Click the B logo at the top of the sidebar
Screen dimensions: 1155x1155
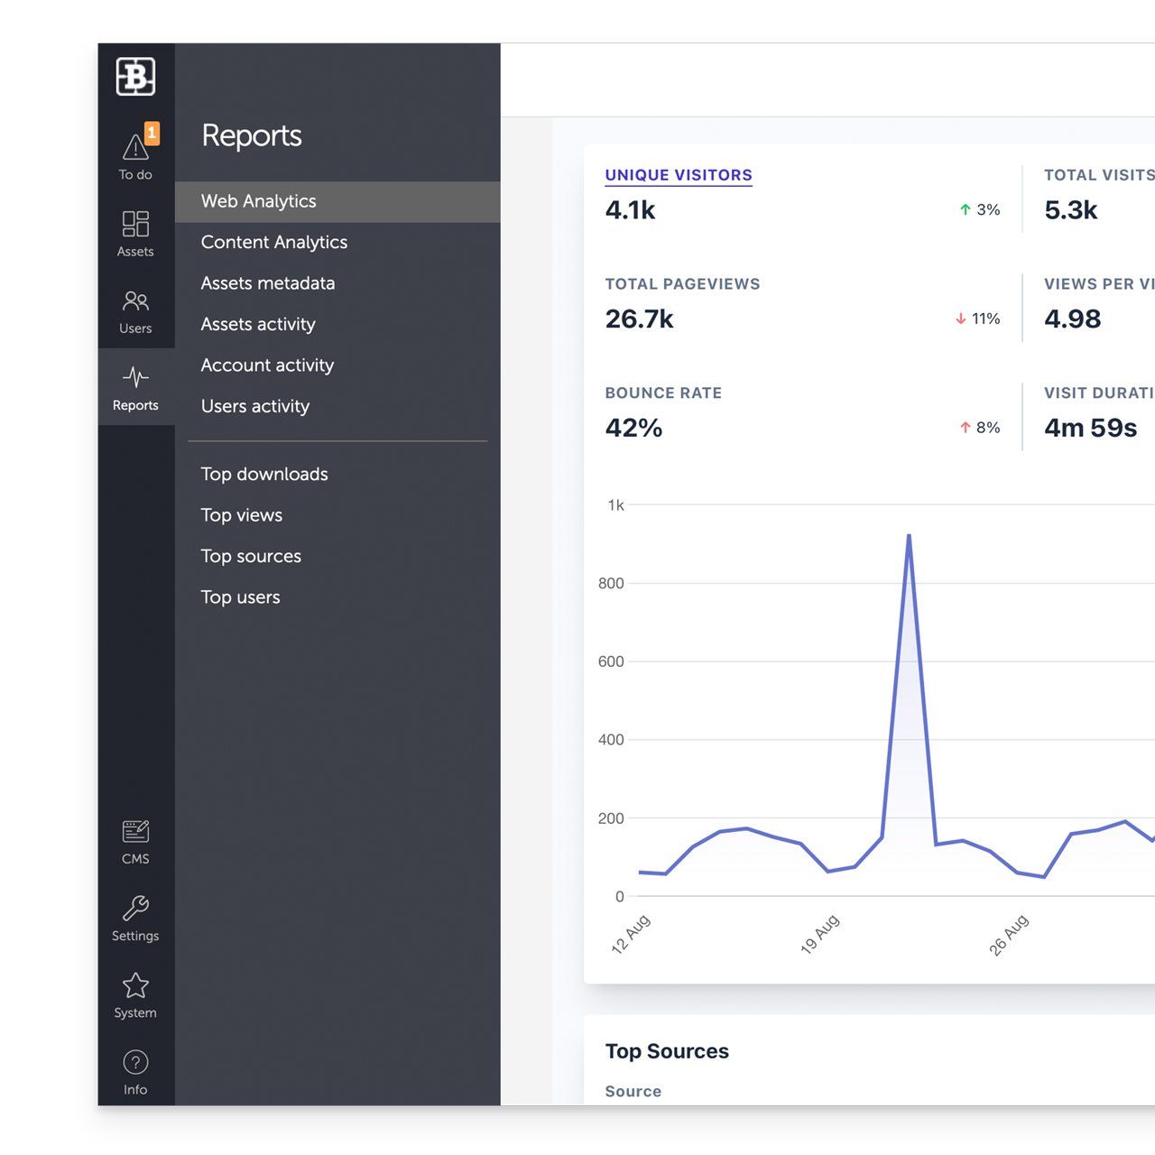(x=135, y=77)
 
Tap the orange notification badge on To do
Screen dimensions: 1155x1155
(x=152, y=133)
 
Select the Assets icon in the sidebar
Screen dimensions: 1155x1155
(x=135, y=224)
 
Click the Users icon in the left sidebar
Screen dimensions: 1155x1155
(x=135, y=300)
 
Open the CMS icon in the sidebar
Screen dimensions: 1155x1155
(x=135, y=831)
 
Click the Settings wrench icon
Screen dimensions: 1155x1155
(x=135, y=908)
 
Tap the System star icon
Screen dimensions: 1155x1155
(x=135, y=985)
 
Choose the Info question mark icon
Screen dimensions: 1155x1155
(x=135, y=1062)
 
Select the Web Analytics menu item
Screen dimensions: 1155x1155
(x=258, y=201)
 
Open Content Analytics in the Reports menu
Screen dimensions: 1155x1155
(x=273, y=242)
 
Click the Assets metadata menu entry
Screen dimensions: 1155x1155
(x=267, y=283)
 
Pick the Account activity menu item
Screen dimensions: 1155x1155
(x=267, y=365)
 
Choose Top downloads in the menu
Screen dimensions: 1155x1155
(x=263, y=474)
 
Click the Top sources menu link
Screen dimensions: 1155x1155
(x=251, y=556)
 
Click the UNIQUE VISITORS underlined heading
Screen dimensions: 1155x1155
(x=679, y=175)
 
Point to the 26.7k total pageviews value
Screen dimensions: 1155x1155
(x=639, y=319)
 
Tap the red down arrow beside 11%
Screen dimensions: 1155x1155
(x=961, y=319)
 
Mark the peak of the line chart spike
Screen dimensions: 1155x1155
(x=909, y=535)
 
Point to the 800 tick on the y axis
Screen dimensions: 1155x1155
(x=611, y=583)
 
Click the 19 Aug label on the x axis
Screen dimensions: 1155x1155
(x=820, y=934)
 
